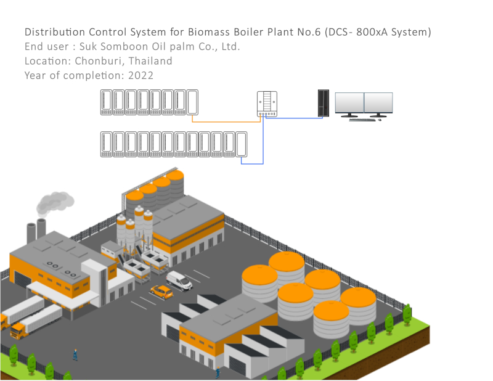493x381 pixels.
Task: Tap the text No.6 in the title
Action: [307, 31]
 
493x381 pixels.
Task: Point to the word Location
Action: [47, 61]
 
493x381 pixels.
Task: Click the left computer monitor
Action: [349, 104]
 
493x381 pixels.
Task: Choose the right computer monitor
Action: [378, 104]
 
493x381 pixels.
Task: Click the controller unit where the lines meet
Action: [267, 104]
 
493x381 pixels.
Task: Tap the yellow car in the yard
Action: [161, 291]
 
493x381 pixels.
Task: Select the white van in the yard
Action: [179, 280]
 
